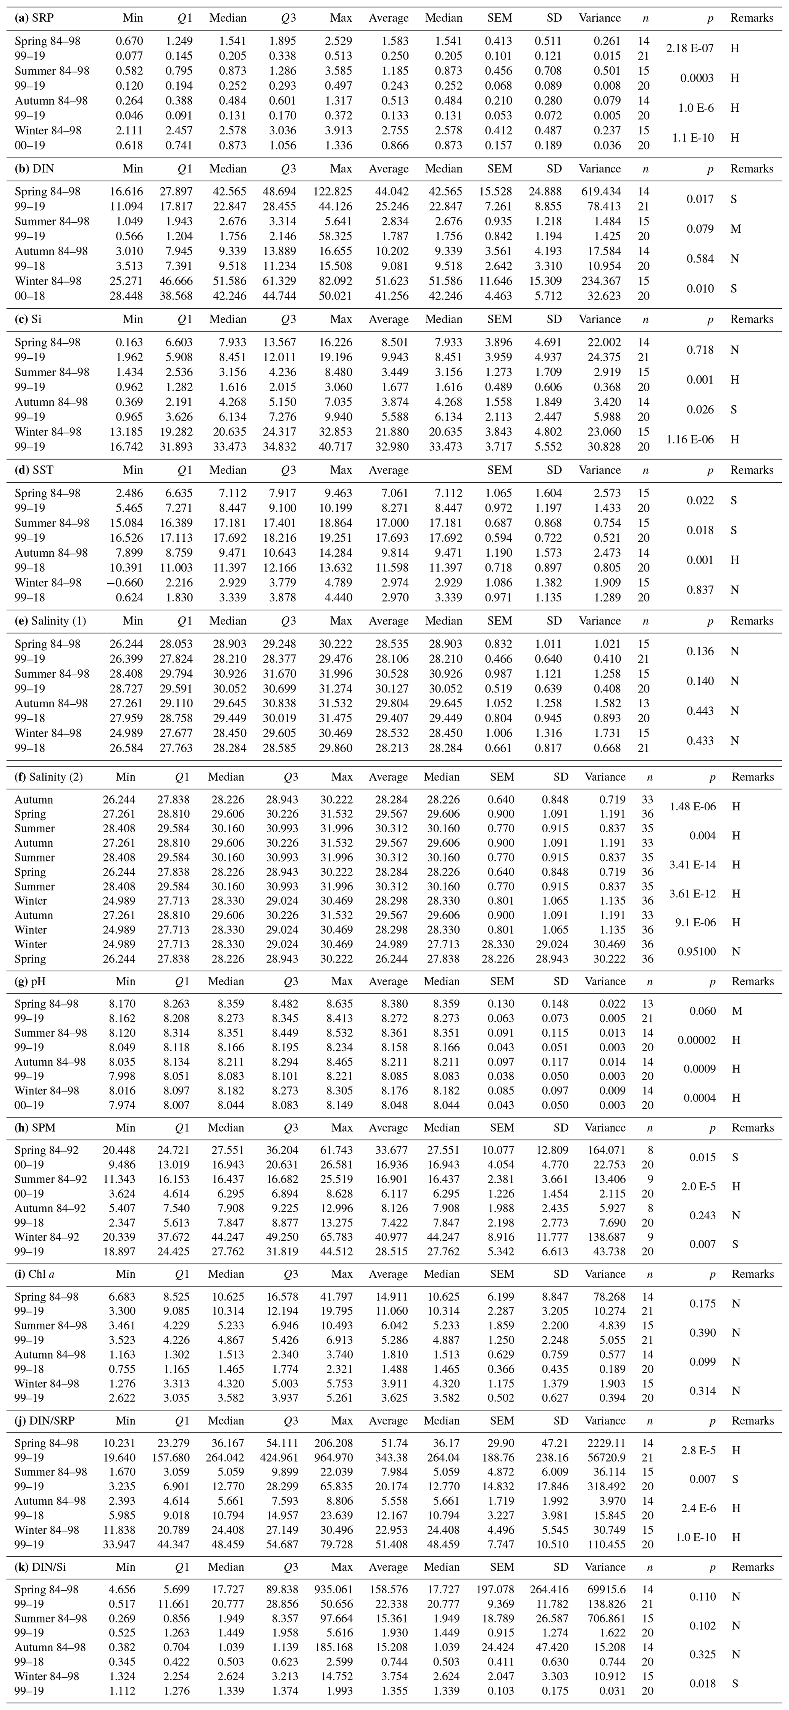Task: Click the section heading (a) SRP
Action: click(34, 18)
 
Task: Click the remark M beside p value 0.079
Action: click(734, 229)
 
